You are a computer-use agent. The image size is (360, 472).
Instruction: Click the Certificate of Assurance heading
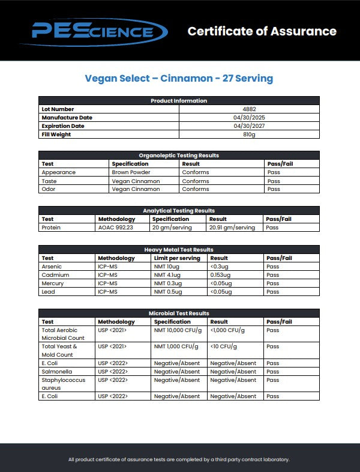(262, 31)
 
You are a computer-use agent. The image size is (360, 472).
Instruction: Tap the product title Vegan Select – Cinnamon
(179, 79)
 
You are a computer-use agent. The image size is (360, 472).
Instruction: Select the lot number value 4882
(249, 109)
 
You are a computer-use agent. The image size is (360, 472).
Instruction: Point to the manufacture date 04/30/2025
(249, 118)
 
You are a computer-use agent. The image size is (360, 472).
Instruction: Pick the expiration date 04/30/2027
(249, 126)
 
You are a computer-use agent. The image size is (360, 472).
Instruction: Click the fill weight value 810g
(249, 135)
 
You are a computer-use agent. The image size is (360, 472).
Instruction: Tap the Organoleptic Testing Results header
(179, 156)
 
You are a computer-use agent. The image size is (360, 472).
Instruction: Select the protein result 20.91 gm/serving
(232, 228)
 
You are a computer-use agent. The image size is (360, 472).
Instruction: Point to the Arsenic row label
(52, 267)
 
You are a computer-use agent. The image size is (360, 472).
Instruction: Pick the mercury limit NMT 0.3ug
(168, 283)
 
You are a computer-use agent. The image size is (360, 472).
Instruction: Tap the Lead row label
(48, 292)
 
